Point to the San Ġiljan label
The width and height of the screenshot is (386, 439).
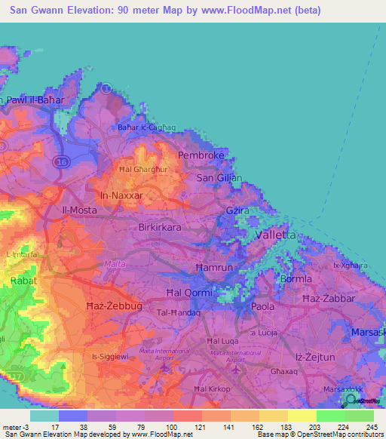[x=219, y=178]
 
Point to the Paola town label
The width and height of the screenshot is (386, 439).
[x=263, y=307]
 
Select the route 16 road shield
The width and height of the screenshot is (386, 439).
[x=63, y=162]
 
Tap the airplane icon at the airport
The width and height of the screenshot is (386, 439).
[x=239, y=369]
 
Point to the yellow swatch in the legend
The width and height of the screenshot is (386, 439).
[x=302, y=416]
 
